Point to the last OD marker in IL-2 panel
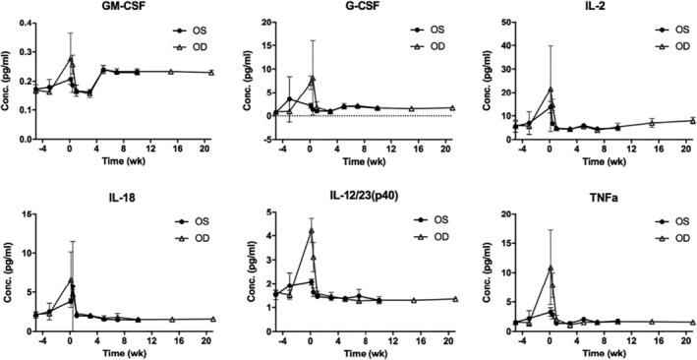click(x=692, y=120)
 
